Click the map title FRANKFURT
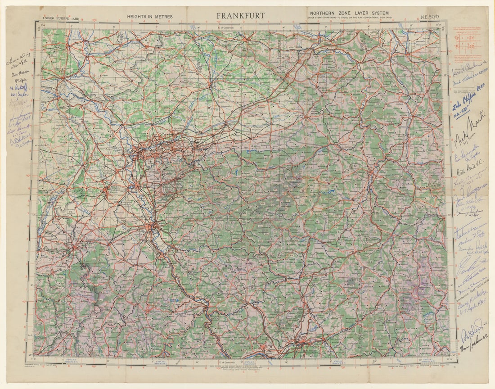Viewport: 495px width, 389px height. point(240,16)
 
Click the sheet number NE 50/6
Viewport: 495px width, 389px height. point(431,18)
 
